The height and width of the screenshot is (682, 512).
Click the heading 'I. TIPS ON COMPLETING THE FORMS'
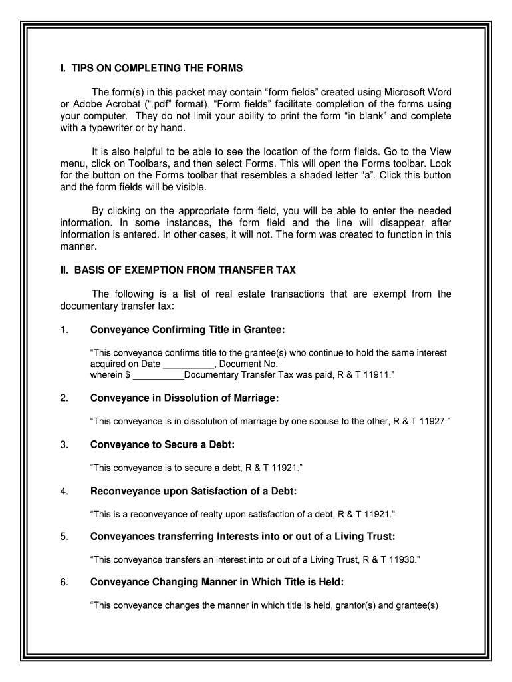pos(152,69)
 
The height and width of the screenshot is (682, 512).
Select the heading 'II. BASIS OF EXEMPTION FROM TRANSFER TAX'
pos(178,270)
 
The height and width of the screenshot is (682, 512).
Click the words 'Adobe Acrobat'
pos(104,104)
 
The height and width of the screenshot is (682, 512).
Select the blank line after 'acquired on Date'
pos(189,364)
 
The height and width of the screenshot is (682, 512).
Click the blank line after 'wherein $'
pos(158,376)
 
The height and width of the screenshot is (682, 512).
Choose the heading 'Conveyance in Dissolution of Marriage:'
pos(184,398)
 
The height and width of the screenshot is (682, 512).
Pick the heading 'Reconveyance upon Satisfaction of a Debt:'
pos(193,491)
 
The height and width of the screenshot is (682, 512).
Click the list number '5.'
pos(64,537)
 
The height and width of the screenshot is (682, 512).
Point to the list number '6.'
pos(64,583)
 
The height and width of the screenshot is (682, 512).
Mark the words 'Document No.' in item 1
pos(249,364)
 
